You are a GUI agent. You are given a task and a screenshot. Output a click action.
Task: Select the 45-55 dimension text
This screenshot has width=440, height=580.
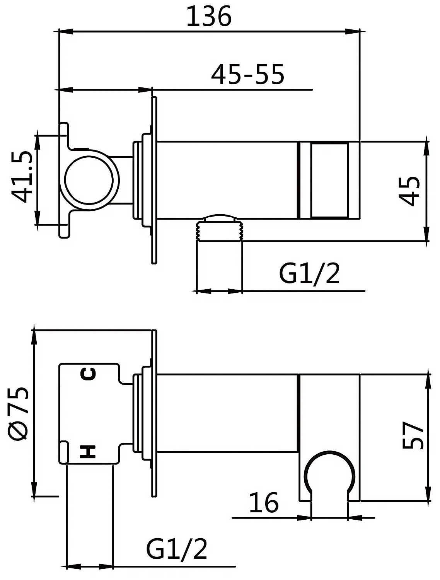point(247,74)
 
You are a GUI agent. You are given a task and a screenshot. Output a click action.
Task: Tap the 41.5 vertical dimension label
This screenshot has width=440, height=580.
point(21,177)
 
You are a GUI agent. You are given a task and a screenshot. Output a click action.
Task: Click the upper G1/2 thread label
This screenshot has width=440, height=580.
point(309,274)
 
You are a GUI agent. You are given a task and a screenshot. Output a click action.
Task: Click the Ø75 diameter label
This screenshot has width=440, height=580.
point(19,413)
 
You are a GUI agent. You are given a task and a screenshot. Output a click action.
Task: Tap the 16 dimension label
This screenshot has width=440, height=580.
point(264,503)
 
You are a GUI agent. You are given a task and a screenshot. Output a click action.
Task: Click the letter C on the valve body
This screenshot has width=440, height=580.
point(88,374)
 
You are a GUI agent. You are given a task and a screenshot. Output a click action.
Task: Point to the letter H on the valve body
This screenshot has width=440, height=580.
point(88,452)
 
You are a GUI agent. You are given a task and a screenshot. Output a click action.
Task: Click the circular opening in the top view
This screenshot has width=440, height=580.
point(89,181)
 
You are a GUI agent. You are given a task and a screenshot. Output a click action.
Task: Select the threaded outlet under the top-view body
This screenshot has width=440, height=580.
point(220,231)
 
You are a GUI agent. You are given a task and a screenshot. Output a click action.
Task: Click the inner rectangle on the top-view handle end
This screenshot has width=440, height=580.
point(329,180)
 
